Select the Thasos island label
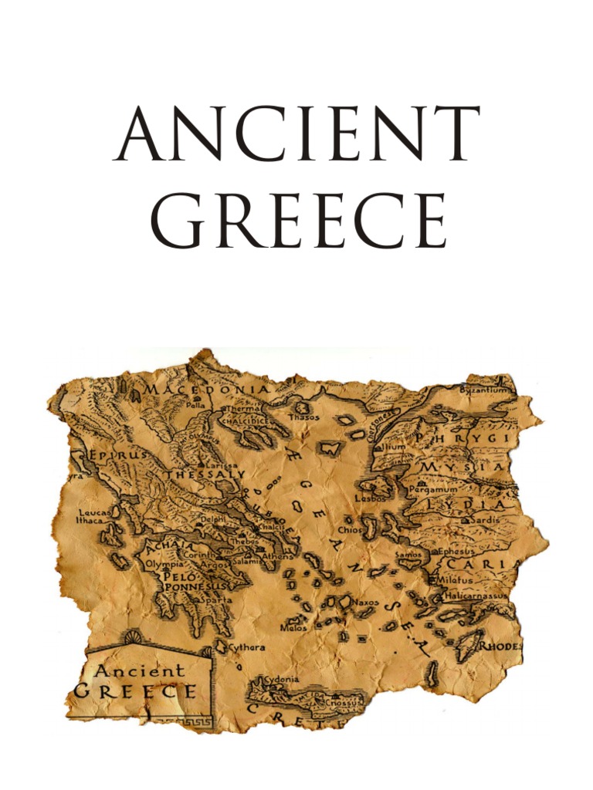tap(303, 416)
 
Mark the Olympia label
tap(164, 564)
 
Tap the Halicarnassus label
tap(478, 595)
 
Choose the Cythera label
tap(246, 647)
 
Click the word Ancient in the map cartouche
tap(139, 670)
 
